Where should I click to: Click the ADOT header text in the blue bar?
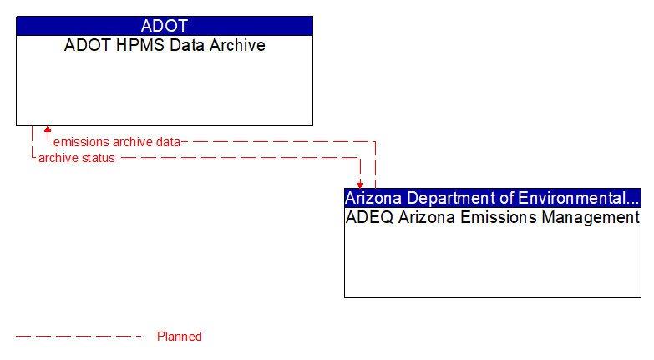tap(165, 26)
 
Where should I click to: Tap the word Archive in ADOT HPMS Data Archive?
tap(236, 45)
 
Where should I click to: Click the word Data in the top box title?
tap(184, 45)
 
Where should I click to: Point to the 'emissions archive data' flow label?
tap(116, 142)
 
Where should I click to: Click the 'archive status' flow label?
tap(77, 158)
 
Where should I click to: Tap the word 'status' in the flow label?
tap(98, 158)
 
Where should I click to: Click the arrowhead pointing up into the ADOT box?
tap(48, 130)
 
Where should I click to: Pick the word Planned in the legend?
tap(180, 337)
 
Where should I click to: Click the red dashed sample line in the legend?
tap(79, 337)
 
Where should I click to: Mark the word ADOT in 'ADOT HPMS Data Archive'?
tap(87, 45)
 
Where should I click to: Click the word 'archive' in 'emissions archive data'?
tap(132, 142)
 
